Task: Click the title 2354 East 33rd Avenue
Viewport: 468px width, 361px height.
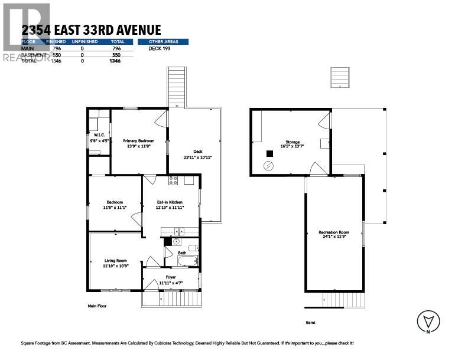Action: coord(91,30)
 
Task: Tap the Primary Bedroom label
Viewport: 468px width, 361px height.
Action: coord(138,142)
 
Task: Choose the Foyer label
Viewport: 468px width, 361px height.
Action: coord(171,277)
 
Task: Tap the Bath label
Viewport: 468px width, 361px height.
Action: coord(182,253)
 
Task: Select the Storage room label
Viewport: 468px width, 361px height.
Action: coord(292,142)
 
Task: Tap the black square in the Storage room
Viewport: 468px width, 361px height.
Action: coord(269,153)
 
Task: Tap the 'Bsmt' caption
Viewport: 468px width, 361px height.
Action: coord(310,322)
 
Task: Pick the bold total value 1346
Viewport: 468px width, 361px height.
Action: coord(115,61)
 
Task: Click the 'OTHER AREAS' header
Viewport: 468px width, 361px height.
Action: coord(163,42)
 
